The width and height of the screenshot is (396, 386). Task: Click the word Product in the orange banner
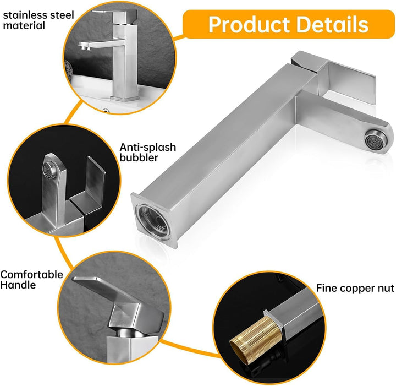(249, 25)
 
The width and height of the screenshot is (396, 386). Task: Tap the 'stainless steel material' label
(38, 20)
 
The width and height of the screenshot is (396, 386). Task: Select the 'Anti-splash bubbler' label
(148, 152)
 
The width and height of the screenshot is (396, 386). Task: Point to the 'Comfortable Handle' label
(31, 280)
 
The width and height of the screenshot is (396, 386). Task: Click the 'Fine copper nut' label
(355, 288)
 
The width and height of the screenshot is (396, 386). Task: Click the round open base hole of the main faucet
(153, 219)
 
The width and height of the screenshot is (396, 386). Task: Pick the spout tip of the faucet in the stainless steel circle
(85, 46)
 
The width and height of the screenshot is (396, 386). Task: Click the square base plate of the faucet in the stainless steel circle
(125, 99)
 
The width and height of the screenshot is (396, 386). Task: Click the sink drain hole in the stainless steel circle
(106, 110)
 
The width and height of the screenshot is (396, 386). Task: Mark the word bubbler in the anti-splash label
(139, 157)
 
